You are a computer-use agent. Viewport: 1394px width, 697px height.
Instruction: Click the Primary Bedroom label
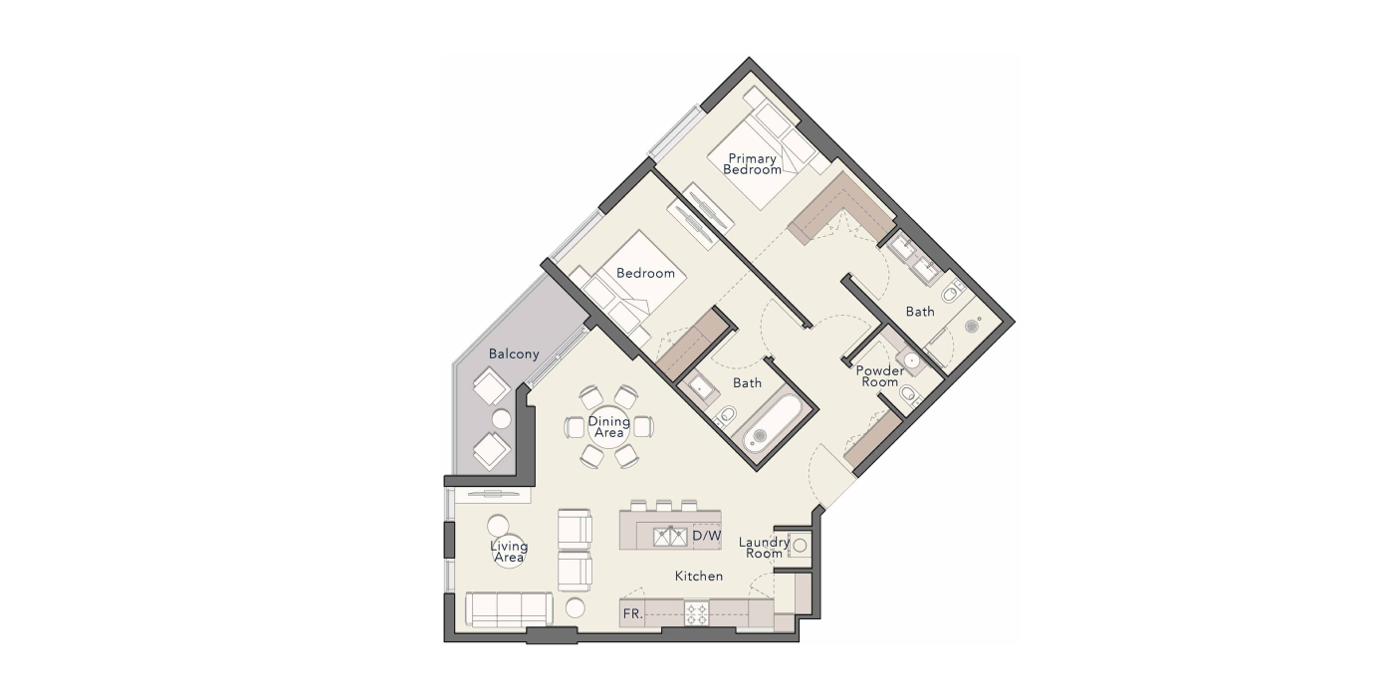point(752,164)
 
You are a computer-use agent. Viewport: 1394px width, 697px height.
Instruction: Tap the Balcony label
point(514,354)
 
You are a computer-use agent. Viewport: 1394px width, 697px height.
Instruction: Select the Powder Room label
point(880,376)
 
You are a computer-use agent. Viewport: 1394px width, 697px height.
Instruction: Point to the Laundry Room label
point(765,548)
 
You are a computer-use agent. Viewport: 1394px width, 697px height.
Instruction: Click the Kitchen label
point(699,577)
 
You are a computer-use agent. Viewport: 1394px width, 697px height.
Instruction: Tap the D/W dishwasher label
point(706,536)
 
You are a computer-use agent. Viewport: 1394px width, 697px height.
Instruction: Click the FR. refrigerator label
point(632,614)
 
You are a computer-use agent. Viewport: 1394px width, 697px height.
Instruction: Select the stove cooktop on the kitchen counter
point(697,613)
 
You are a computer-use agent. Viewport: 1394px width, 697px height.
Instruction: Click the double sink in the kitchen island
point(669,537)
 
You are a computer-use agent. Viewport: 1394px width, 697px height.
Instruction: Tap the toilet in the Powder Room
point(910,394)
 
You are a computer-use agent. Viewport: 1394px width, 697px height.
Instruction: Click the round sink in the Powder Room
point(912,360)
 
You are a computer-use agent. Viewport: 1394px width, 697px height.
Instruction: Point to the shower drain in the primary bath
point(972,325)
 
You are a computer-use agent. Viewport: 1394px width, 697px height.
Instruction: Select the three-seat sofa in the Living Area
point(509,609)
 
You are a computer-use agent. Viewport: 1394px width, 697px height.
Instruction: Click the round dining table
point(608,427)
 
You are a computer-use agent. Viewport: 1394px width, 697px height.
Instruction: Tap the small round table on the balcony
point(502,419)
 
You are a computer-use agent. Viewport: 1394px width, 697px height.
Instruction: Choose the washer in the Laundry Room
point(799,546)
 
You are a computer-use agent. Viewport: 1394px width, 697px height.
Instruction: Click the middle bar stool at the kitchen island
point(664,505)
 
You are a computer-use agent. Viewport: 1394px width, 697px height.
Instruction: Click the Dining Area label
point(608,427)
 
